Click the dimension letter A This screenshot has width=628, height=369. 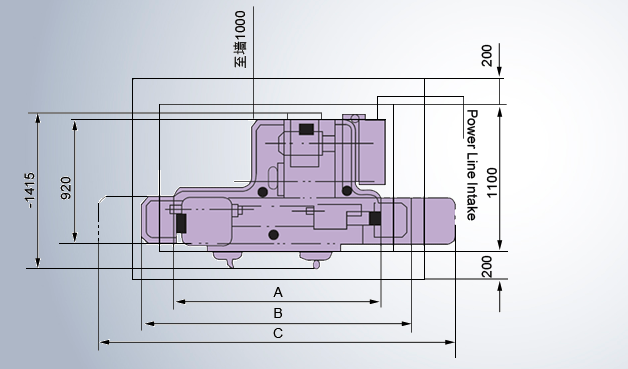(278, 292)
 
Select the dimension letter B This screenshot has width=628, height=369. (278, 313)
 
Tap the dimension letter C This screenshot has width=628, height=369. (278, 333)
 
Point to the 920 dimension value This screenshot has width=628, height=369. (66, 188)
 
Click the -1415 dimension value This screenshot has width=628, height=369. (30, 190)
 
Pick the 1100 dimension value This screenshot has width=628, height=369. (492, 182)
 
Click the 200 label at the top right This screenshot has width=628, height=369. (486, 56)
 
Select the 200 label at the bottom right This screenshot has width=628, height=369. (487, 267)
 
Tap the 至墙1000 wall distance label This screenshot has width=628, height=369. (240, 39)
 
